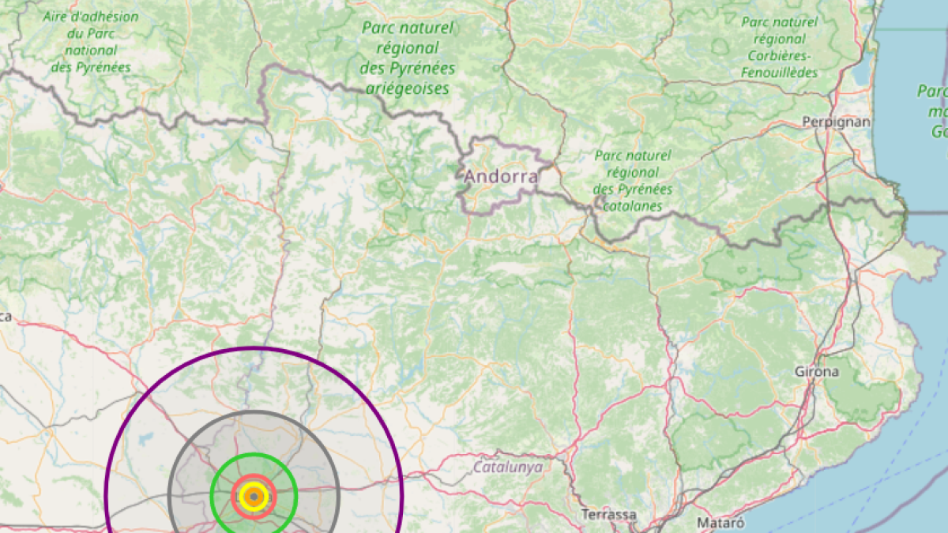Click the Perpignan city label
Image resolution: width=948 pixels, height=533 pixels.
[x=836, y=122]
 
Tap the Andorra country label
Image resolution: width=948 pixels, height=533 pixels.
[x=501, y=176]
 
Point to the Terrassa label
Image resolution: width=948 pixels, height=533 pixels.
[x=608, y=514]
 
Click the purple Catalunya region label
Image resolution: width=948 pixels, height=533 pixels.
[x=508, y=467]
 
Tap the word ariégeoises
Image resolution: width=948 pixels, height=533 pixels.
[x=408, y=88]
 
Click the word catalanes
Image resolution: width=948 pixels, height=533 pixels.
[x=633, y=206]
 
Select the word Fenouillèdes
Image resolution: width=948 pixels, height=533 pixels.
[x=779, y=73]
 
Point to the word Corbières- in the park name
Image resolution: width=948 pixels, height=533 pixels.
[x=779, y=56]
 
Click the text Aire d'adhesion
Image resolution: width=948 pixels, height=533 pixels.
[x=91, y=17]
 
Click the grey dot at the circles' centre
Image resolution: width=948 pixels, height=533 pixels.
[x=254, y=497]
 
